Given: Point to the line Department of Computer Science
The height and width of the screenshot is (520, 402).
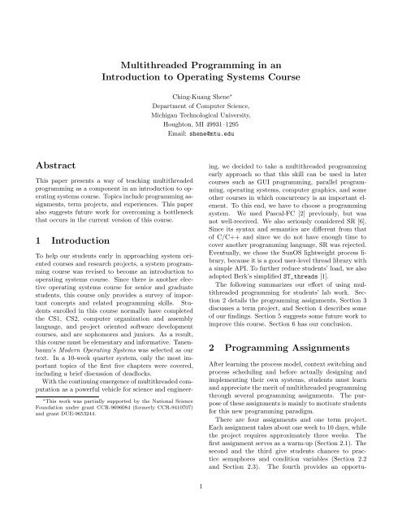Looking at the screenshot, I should [x=201, y=110].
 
